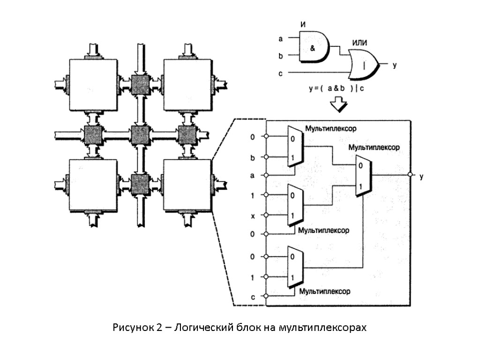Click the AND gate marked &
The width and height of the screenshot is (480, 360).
click(x=313, y=47)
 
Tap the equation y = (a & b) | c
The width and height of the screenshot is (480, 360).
click(x=337, y=88)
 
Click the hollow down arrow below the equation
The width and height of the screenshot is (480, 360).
click(x=338, y=105)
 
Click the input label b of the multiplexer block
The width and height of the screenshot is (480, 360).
click(x=253, y=157)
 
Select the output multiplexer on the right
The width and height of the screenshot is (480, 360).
click(x=363, y=176)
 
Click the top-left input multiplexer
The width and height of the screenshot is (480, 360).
click(x=295, y=147)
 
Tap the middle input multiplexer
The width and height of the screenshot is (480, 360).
click(x=295, y=205)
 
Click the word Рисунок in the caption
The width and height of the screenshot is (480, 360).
click(x=132, y=327)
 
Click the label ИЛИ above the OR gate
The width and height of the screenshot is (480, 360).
click(x=359, y=43)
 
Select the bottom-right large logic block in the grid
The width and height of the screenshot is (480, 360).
click(x=186, y=186)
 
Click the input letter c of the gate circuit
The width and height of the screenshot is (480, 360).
click(x=280, y=73)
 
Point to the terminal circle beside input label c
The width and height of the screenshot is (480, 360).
click(x=266, y=296)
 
